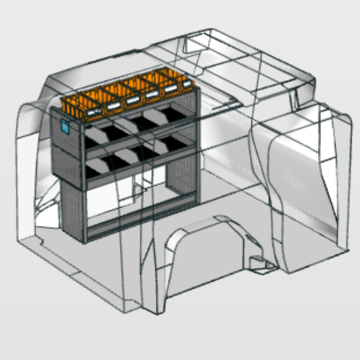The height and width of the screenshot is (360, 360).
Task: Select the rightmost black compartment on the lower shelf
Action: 173,144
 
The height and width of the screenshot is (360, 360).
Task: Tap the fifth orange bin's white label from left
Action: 170,90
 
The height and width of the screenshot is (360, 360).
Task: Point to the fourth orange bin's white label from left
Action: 152,95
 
